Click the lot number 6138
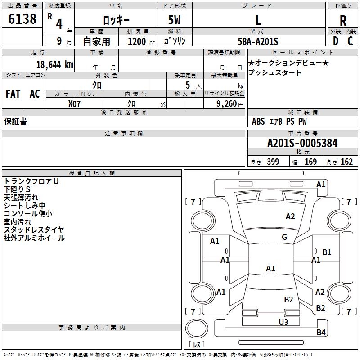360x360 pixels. (22, 19)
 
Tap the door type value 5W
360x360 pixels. (175, 20)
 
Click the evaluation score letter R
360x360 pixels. (343, 21)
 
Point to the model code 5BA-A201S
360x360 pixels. (258, 41)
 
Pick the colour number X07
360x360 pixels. (75, 103)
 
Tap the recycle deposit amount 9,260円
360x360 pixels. (229, 103)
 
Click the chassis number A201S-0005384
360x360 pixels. (302, 143)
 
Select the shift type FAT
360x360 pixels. (13, 94)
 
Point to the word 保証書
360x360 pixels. (15, 121)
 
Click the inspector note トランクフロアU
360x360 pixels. (31, 181)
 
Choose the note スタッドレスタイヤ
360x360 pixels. (34, 230)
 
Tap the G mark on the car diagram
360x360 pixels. (284, 237)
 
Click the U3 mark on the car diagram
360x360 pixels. (283, 322)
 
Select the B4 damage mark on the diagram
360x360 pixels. (321, 333)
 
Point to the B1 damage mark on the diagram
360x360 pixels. (327, 252)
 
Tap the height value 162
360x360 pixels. (346, 162)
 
